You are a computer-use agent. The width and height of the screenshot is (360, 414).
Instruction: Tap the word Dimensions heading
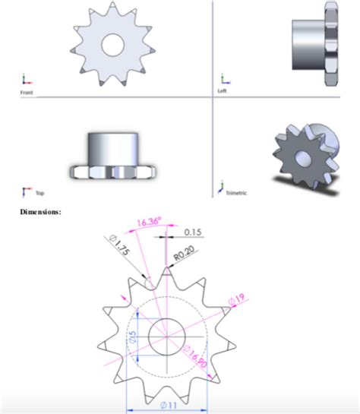[40, 210]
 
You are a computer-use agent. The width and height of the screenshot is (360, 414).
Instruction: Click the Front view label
[26, 92]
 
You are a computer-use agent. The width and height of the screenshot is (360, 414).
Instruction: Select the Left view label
[223, 92]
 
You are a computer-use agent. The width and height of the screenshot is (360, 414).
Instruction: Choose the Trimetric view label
[236, 194]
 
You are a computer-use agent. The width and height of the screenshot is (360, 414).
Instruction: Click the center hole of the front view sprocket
[113, 43]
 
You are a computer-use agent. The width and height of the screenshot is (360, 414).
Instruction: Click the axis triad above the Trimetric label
[222, 185]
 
